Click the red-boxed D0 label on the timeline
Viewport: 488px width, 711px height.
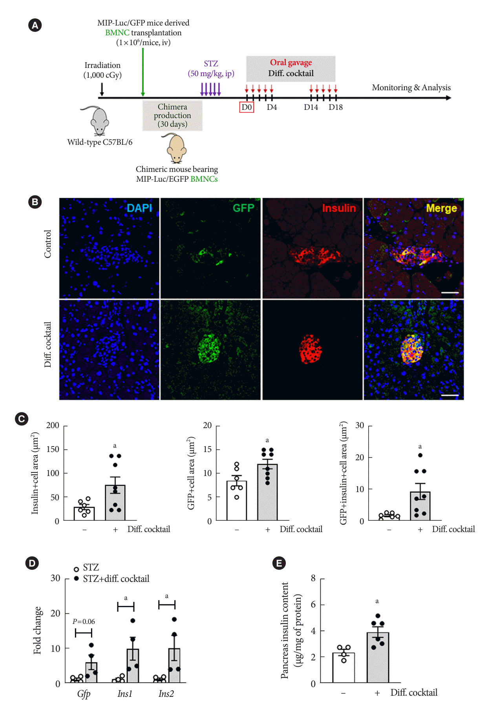[x=247, y=107]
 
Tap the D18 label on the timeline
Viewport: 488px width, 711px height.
[x=335, y=107]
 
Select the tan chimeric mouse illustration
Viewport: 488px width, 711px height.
[x=176, y=148]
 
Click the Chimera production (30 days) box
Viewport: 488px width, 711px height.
[x=172, y=115]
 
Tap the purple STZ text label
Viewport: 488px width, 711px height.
[x=211, y=64]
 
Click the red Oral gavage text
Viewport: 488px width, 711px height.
[x=291, y=62]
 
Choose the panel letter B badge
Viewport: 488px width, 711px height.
[x=35, y=202]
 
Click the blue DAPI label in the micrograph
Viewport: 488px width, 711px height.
[x=139, y=208]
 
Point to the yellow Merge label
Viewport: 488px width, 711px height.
[x=441, y=208]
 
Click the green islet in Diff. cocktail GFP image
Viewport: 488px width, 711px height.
[x=209, y=348]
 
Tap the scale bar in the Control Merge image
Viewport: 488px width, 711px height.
[x=450, y=293]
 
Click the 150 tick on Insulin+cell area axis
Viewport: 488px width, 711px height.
[x=53, y=449]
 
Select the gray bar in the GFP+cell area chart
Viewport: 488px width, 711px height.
[x=267, y=492]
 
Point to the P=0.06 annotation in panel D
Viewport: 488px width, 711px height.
[x=84, y=622]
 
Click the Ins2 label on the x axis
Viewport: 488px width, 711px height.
[x=166, y=694]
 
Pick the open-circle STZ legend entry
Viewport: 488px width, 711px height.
[x=76, y=569]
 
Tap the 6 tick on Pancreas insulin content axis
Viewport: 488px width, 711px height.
[x=313, y=605]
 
